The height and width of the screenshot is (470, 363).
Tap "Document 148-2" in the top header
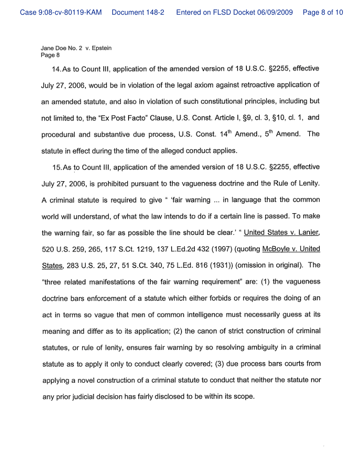pos(138,12)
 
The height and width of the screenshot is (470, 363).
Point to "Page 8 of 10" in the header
pos(323,12)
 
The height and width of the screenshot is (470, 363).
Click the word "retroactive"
pos(243,85)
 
